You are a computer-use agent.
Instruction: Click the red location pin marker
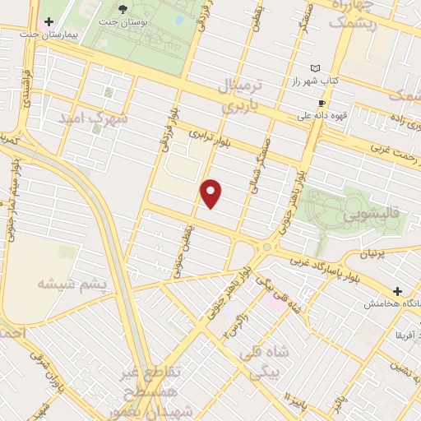(x=212, y=193)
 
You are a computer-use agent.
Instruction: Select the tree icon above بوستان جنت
(x=123, y=8)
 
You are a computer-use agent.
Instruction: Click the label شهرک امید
(x=93, y=118)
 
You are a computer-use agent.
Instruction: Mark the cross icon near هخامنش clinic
(x=398, y=291)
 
